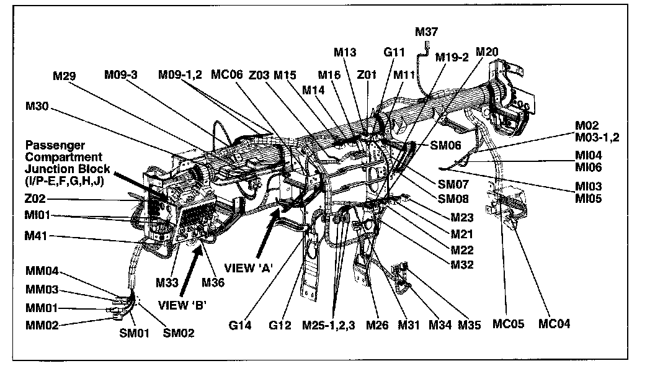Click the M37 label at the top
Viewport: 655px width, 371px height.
[x=426, y=33]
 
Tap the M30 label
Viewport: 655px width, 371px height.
[x=37, y=106]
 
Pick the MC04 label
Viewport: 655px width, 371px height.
[x=554, y=324]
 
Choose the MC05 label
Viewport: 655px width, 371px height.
[x=508, y=324]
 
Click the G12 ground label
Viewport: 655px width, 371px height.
[x=280, y=324]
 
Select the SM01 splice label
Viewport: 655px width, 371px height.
[x=134, y=333]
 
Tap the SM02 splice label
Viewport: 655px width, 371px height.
[x=179, y=333]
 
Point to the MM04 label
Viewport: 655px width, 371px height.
[x=42, y=271]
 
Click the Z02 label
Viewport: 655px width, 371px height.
[x=35, y=200]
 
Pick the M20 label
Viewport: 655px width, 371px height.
[x=487, y=52]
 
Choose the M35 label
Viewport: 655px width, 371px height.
[x=469, y=324]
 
